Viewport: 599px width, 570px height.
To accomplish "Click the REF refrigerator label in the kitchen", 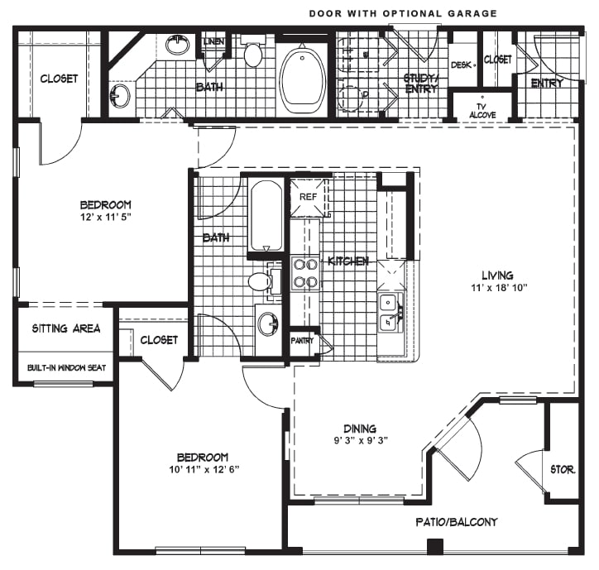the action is point(308,197).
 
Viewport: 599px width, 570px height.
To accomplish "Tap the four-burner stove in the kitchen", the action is point(305,273).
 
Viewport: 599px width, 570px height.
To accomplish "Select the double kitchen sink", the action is point(390,312).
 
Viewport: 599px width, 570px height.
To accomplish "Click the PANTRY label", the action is point(302,340).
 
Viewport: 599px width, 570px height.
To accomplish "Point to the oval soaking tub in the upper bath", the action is point(303,80).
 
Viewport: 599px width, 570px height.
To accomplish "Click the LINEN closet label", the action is point(213,41).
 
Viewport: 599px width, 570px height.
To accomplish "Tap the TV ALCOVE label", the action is point(482,111).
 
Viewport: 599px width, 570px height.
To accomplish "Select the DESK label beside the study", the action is point(461,65).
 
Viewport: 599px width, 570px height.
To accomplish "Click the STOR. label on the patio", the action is point(563,469).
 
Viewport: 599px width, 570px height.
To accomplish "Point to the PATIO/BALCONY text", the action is point(457,522).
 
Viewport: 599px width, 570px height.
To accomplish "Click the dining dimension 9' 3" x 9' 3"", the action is point(361,440).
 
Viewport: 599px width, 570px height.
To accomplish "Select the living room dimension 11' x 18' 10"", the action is point(499,287).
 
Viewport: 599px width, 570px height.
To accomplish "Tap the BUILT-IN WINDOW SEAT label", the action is point(66,368).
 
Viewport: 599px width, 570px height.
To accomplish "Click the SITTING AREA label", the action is point(66,328).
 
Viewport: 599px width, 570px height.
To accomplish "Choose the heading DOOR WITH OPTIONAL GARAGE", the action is point(403,14).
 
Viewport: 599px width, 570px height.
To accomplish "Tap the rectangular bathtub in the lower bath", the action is point(266,216).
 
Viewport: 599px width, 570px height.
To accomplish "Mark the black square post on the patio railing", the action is point(434,547).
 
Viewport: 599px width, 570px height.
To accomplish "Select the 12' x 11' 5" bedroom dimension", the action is point(105,217).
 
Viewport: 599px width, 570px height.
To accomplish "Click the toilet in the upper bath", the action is point(253,50).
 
